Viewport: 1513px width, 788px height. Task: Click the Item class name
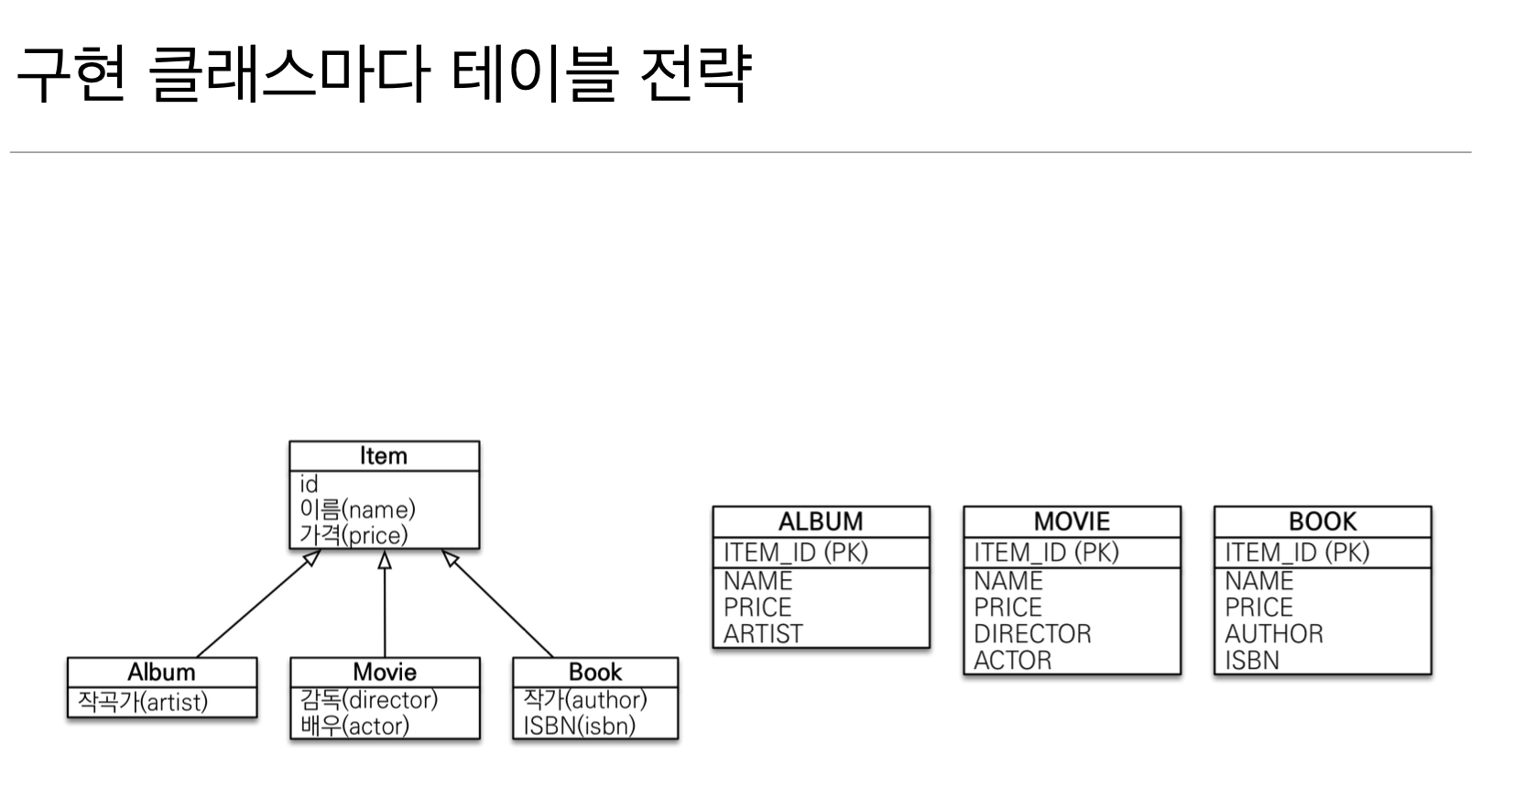(383, 456)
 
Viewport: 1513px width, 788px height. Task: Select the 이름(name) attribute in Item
(357, 509)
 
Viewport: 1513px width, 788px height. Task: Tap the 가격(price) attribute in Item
(354, 535)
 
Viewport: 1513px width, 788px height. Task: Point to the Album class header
(161, 672)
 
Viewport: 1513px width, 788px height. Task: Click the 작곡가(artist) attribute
(143, 702)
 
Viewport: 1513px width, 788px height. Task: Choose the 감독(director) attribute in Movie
(368, 700)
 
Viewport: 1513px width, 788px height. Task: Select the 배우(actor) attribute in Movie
(354, 726)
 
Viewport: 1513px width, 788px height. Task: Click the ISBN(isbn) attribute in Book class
(579, 726)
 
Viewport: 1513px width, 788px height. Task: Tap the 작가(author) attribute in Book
(584, 700)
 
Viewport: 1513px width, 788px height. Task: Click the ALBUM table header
(821, 521)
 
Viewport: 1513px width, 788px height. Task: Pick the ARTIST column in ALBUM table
(763, 634)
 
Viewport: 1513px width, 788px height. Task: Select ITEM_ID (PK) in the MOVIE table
(1046, 553)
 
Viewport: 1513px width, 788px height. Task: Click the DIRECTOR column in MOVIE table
(1032, 634)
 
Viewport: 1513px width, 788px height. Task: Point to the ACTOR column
(1012, 661)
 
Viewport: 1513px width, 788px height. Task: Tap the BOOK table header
(1322, 521)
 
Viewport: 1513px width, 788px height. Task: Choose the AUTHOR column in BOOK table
(1274, 634)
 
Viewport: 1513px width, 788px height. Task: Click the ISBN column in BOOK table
(1251, 661)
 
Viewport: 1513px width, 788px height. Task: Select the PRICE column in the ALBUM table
(757, 607)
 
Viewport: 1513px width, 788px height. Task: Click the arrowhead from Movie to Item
(385, 560)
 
